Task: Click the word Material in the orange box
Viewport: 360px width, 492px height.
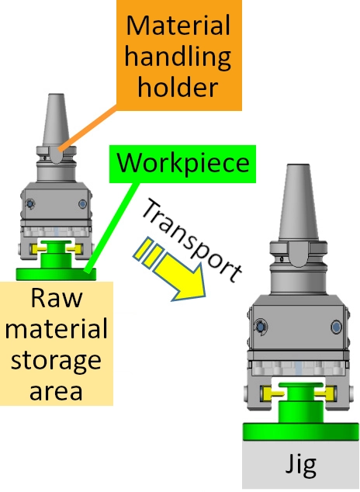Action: click(178, 26)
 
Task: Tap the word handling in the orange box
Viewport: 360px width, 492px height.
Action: click(178, 57)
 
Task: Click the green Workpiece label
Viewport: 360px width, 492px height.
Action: click(182, 164)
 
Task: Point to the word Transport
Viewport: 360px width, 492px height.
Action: click(192, 240)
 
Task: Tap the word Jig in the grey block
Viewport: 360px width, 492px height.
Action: click(300, 465)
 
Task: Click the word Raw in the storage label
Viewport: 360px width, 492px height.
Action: click(57, 298)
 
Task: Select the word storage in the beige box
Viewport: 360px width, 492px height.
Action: click(56, 361)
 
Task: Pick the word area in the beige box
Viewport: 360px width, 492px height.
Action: click(56, 391)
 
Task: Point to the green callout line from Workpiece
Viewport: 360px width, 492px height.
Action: click(111, 227)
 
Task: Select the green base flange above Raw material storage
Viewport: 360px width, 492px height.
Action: click(57, 274)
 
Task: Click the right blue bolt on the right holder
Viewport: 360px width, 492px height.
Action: click(337, 327)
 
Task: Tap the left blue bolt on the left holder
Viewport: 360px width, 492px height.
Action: click(30, 204)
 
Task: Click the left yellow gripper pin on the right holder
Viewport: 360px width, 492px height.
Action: click(272, 393)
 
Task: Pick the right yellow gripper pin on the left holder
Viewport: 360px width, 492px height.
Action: click(75, 249)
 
